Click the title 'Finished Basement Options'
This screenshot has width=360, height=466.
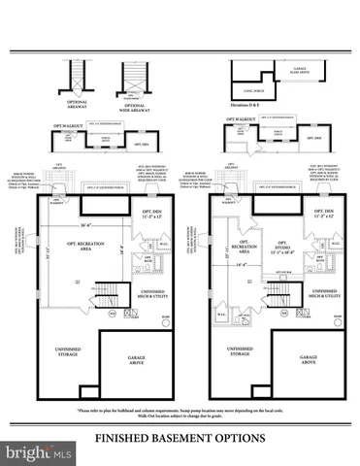(180, 439)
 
